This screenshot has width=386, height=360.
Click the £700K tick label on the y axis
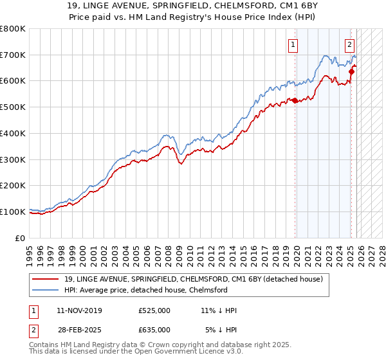[13, 55]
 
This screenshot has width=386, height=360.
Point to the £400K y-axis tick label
[13, 133]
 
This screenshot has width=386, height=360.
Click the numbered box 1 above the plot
[293, 44]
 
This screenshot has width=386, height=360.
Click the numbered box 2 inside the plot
[349, 44]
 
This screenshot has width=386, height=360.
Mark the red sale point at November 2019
[295, 100]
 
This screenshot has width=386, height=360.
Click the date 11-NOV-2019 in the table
[78, 310]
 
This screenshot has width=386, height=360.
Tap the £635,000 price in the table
[154, 330]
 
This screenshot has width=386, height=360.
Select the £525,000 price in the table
[154, 310]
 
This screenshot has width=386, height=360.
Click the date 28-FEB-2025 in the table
[78, 330]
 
